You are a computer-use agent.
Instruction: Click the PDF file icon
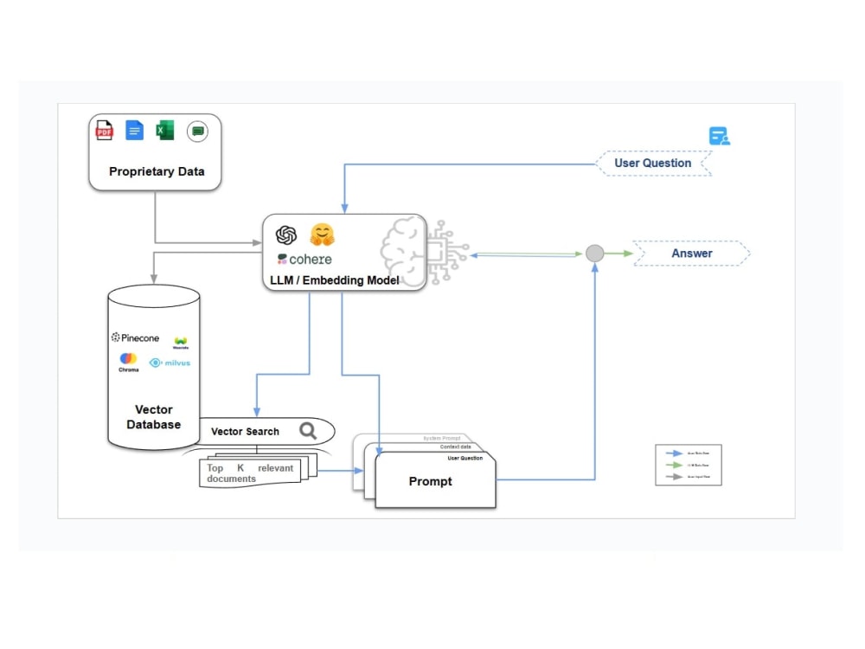click(104, 131)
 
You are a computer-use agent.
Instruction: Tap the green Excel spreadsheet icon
click(164, 131)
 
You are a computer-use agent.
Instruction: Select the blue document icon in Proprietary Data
click(134, 131)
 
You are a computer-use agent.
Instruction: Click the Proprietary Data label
click(157, 171)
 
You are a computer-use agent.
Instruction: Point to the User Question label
click(653, 163)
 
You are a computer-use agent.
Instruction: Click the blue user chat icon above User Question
click(719, 137)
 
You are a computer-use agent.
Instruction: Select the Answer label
click(692, 254)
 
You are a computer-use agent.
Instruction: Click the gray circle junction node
click(594, 254)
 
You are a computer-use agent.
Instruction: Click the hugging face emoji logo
click(322, 235)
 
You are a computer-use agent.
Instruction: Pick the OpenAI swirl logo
click(286, 235)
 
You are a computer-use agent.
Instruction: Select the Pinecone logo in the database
click(135, 337)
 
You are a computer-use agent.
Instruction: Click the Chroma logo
click(128, 361)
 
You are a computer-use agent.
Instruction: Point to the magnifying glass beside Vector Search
click(308, 430)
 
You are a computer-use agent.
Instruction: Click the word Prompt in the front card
click(430, 481)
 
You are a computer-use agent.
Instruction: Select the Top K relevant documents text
click(250, 473)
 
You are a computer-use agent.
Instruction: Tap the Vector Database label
click(154, 417)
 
